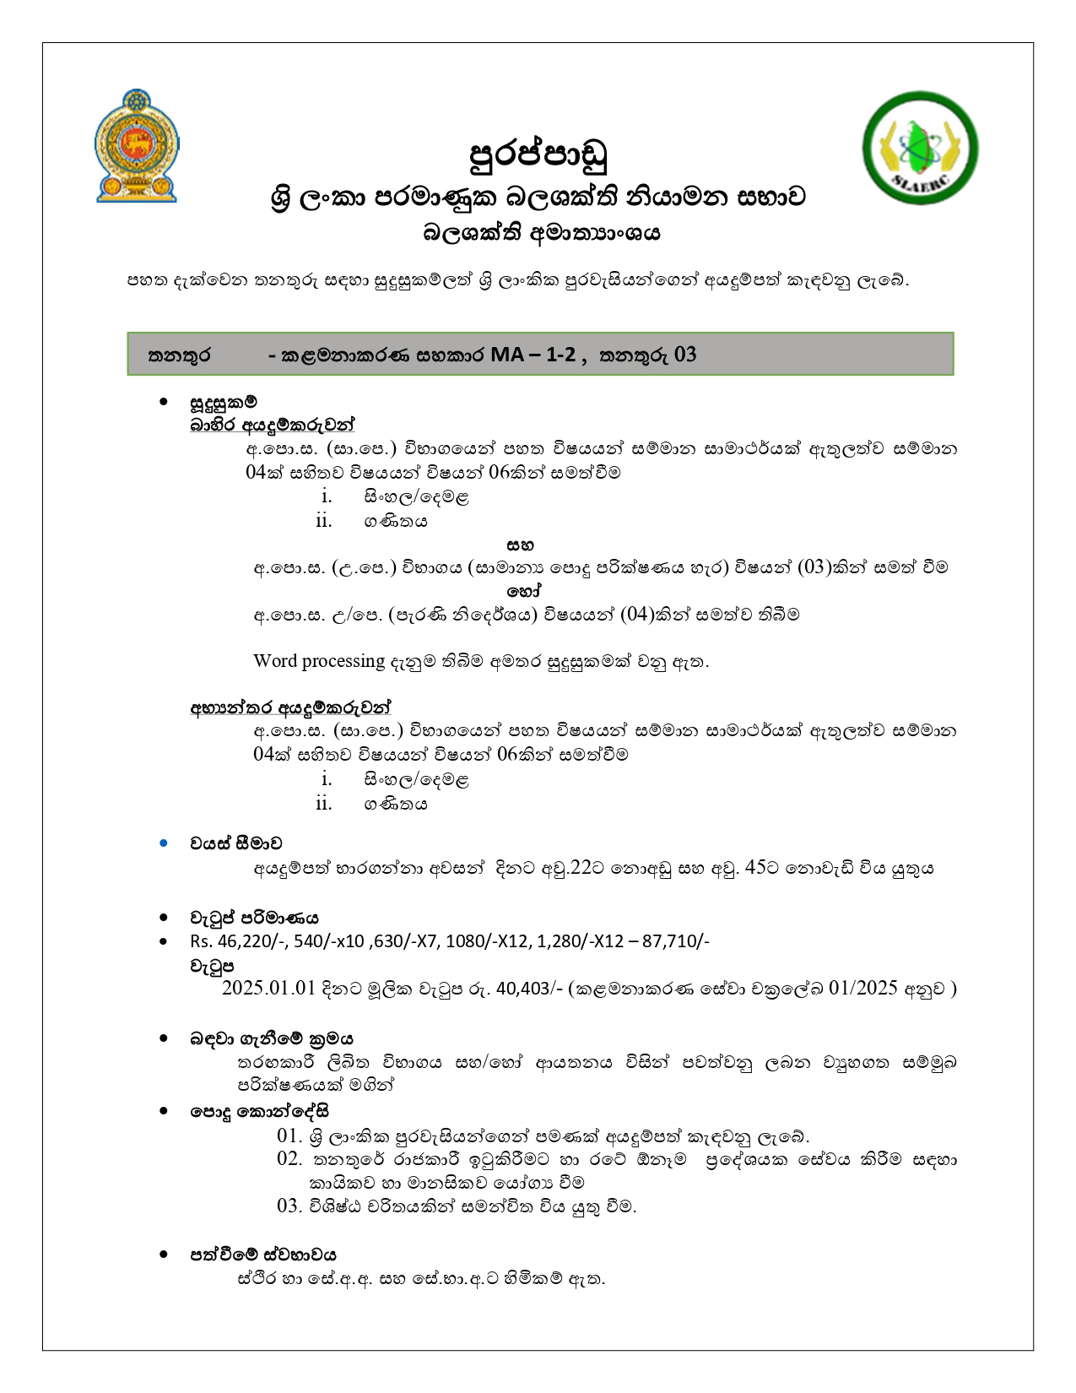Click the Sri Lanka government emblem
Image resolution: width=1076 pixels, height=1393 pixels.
tap(137, 146)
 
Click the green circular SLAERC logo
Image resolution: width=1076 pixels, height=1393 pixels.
tap(920, 148)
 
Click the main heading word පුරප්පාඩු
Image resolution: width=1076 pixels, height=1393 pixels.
tap(538, 154)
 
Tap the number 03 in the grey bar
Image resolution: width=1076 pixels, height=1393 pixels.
tap(685, 355)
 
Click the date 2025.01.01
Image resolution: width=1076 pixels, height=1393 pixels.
tap(268, 989)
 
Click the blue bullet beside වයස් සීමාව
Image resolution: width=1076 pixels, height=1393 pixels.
tap(164, 843)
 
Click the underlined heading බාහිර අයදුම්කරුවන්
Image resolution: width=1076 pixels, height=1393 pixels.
tap(273, 425)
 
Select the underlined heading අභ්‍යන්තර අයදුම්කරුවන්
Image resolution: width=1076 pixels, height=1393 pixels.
tap(290, 707)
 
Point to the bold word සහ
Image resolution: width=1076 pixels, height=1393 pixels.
tap(520, 545)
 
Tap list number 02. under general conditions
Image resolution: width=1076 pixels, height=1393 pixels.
tap(289, 1159)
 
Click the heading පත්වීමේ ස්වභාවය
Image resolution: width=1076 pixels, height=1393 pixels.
tap(262, 1255)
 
